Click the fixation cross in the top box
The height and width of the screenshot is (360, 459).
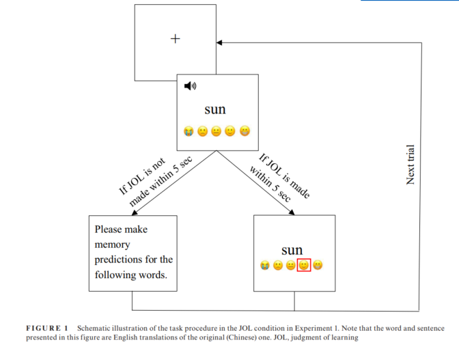(x=176, y=38)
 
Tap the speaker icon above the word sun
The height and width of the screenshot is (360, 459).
(x=190, y=85)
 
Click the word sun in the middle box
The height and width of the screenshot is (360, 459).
(x=214, y=109)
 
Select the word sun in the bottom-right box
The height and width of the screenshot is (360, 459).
(x=292, y=250)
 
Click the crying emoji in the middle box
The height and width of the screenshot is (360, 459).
(x=188, y=130)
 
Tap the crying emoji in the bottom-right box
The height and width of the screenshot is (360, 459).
(x=264, y=265)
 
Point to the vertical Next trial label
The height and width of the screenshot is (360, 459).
(x=411, y=165)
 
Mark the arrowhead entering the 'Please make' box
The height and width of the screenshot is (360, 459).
(x=133, y=212)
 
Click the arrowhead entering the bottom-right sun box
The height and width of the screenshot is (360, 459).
(x=292, y=212)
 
